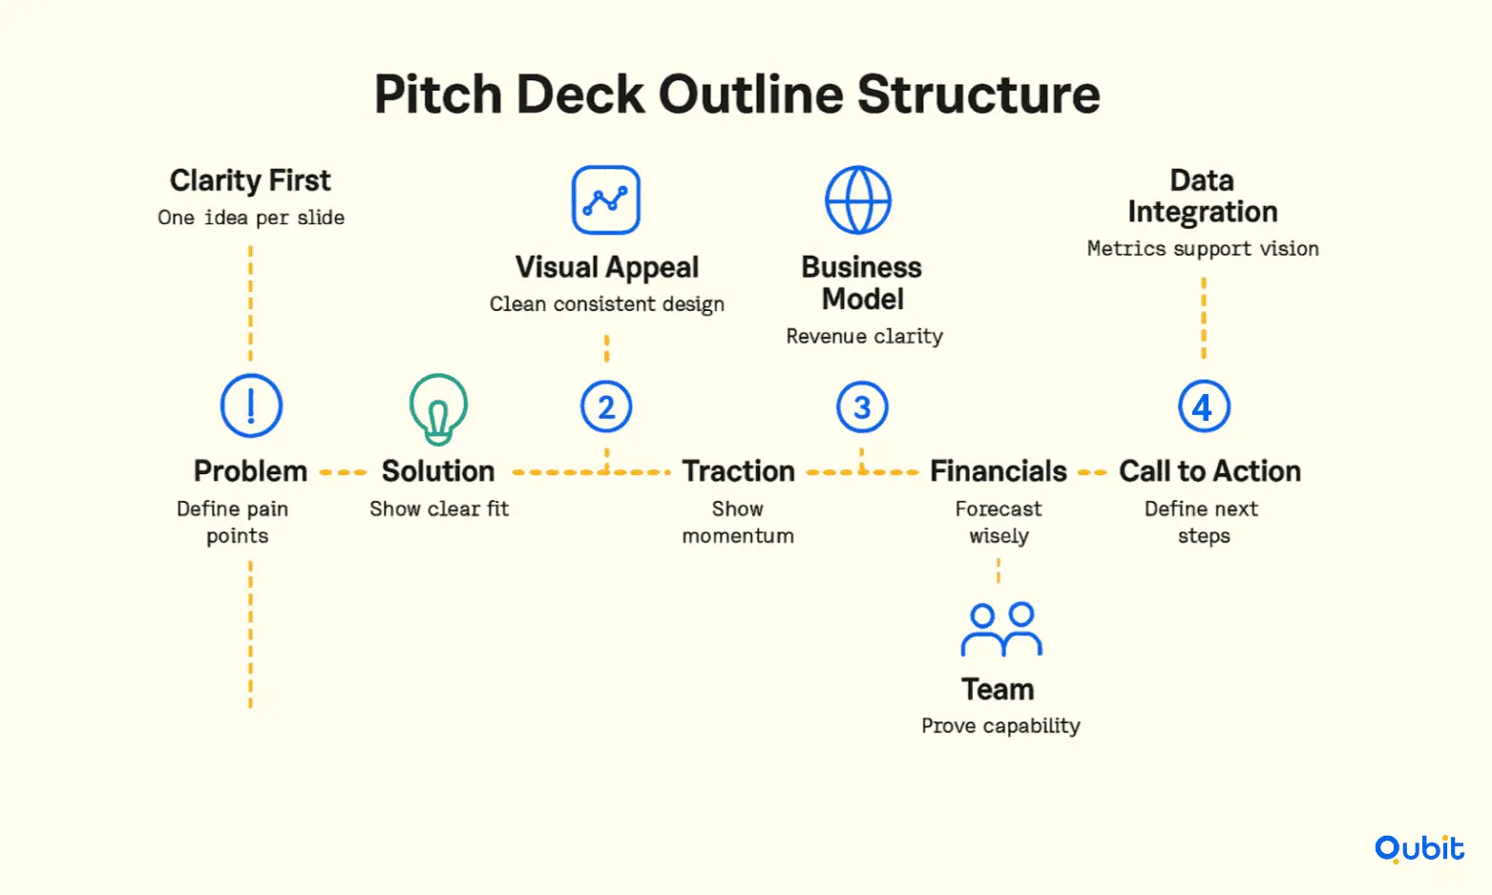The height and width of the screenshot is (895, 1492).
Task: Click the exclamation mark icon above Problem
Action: (x=251, y=406)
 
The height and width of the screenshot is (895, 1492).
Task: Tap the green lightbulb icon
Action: (x=438, y=409)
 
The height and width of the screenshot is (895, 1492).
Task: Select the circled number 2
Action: (x=606, y=406)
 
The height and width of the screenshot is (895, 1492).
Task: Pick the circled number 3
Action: (x=862, y=406)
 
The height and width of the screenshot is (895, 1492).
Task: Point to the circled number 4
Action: (x=1204, y=406)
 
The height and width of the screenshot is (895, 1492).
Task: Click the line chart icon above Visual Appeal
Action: (x=606, y=199)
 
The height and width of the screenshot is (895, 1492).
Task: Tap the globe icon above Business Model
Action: (x=858, y=199)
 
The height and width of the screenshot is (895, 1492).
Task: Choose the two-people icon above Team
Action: (x=1001, y=630)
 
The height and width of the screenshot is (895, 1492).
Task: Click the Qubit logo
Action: (x=1419, y=848)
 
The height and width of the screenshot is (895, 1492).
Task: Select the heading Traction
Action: (x=739, y=471)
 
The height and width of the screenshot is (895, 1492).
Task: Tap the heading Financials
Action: (x=998, y=471)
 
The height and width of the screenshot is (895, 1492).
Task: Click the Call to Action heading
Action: (x=1209, y=471)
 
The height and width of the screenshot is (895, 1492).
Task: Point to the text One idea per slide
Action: (x=251, y=218)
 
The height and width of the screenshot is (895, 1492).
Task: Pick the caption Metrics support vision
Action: (x=1203, y=249)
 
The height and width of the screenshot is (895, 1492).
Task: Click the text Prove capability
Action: (x=1000, y=726)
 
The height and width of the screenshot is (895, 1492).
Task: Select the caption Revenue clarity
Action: (x=864, y=336)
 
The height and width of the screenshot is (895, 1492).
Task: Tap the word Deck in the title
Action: (x=580, y=94)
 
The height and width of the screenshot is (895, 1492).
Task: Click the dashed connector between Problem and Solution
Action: (x=343, y=472)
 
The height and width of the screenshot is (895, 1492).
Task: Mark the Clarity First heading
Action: (x=250, y=180)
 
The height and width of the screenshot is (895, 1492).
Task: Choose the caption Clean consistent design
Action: (x=607, y=304)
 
